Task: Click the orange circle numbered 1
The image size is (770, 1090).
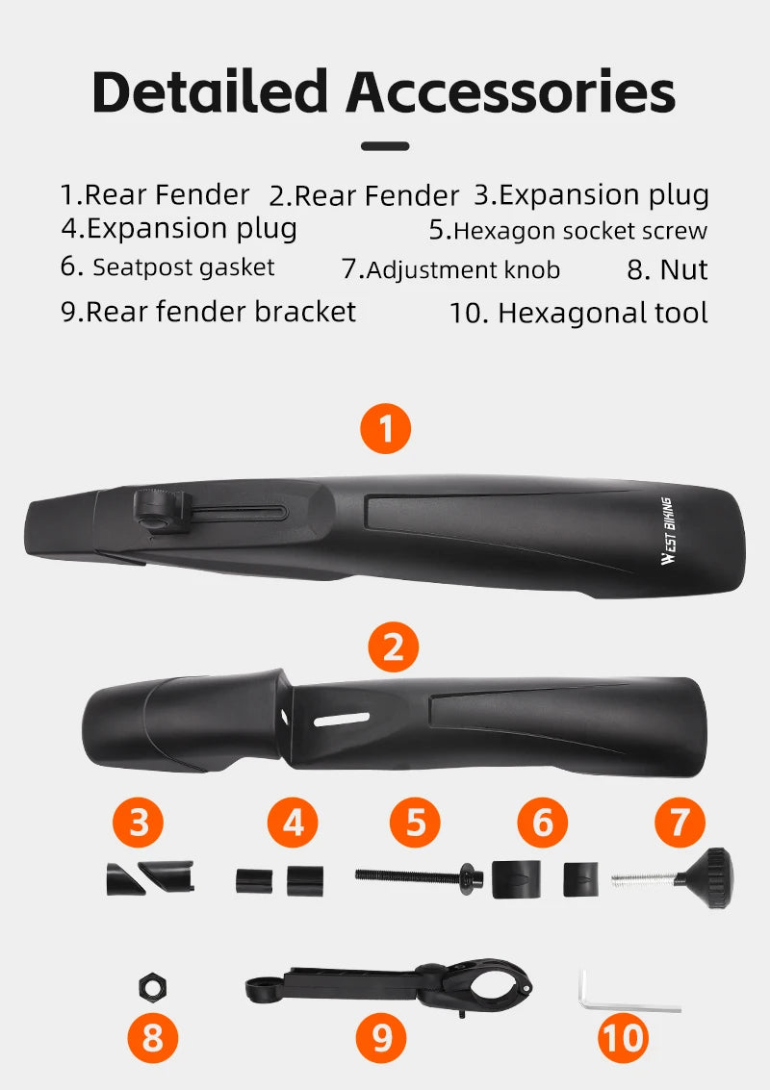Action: [x=385, y=428]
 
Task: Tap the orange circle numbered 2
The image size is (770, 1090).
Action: [x=393, y=646]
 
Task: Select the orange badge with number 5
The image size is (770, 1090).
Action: [x=415, y=823]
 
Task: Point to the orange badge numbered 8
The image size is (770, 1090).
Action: [x=152, y=1038]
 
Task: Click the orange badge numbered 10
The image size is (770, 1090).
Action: [x=624, y=1038]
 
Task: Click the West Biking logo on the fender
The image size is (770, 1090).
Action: [x=666, y=531]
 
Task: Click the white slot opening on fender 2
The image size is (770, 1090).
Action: [x=341, y=720]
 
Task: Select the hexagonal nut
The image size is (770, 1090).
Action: [x=152, y=987]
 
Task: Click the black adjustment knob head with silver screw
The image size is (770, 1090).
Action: [x=706, y=878]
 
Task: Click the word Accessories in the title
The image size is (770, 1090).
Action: [x=510, y=91]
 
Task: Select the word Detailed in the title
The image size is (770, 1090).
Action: [x=210, y=91]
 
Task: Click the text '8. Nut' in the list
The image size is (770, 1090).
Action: [x=667, y=269]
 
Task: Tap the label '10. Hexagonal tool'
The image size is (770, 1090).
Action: [x=578, y=314]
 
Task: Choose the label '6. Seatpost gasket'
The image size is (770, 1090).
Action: [x=167, y=266]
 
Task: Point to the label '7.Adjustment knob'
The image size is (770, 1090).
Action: [x=450, y=269]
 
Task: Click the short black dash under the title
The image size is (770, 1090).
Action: [x=385, y=146]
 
